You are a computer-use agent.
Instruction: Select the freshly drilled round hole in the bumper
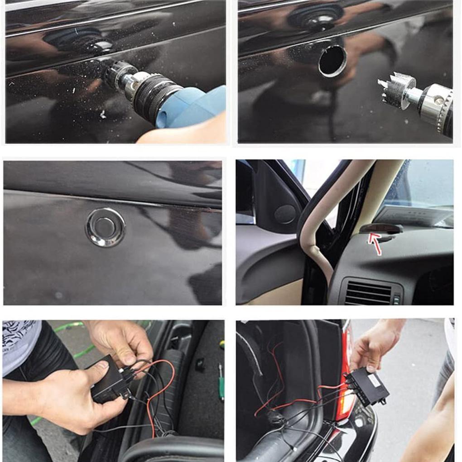[332, 61]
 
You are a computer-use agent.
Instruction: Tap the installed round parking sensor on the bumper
[105, 227]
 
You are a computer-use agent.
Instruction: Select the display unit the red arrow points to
[380, 228]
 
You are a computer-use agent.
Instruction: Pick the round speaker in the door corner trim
[285, 214]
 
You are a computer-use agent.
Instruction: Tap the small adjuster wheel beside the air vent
[396, 299]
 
